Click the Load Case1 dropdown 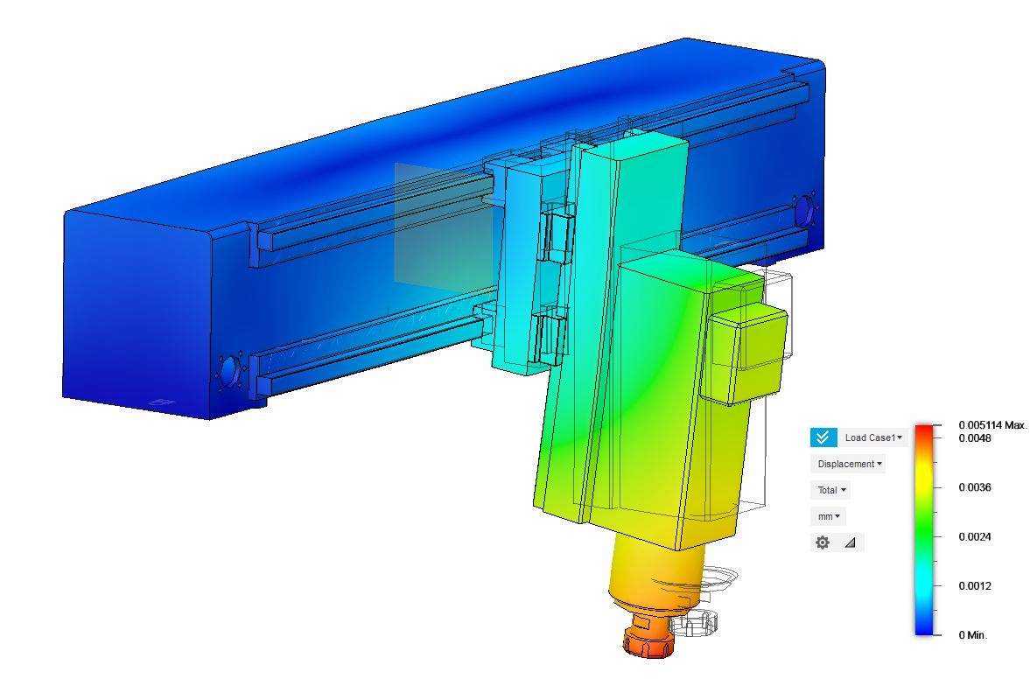[x=873, y=437]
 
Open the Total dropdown [x=831, y=490]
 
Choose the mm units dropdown [x=829, y=516]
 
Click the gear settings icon [x=823, y=542]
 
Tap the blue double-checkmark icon [x=823, y=437]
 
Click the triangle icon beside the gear [x=850, y=542]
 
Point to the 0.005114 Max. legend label [x=991, y=425]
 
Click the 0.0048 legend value [x=975, y=438]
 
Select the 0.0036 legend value [x=975, y=487]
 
